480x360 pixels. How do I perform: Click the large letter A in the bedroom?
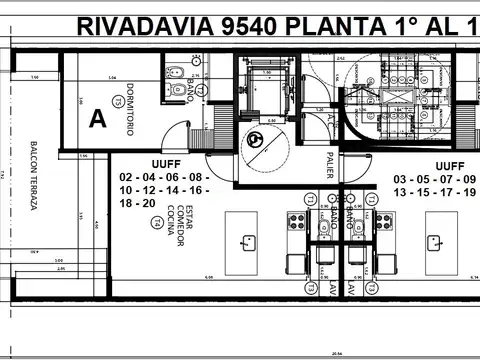pos(97,119)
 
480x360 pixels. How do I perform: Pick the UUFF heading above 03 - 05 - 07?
pos(449,166)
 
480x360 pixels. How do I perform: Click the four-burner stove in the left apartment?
pos(297,220)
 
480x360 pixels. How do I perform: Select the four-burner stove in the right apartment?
pos(384,220)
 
